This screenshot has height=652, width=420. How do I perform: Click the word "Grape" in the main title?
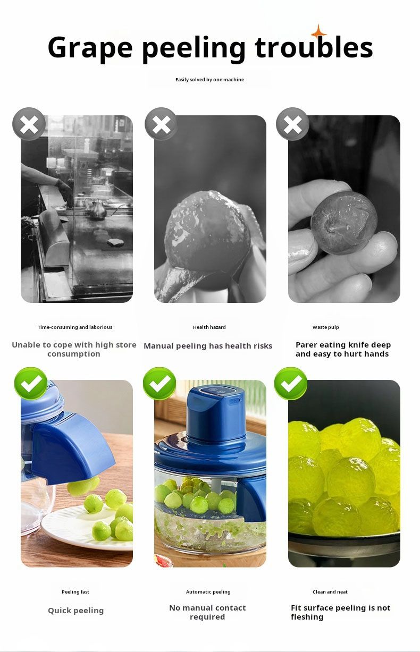click(x=90, y=48)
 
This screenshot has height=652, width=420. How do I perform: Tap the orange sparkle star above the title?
click(x=318, y=32)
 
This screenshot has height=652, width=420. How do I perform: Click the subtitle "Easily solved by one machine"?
click(x=209, y=80)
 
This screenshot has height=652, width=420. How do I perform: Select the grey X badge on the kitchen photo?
click(x=29, y=124)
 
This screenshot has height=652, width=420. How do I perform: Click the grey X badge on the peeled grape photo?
click(x=161, y=124)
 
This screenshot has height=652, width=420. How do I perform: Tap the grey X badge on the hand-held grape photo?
click(x=292, y=124)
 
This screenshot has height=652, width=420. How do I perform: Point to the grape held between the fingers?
click(x=344, y=222)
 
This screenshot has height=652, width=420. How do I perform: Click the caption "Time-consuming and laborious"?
click(x=75, y=327)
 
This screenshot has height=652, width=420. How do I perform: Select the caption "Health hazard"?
click(x=209, y=327)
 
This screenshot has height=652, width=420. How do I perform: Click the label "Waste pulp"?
click(x=325, y=327)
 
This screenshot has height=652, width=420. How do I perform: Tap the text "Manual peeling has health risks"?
click(x=208, y=346)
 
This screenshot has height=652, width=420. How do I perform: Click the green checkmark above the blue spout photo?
click(x=31, y=383)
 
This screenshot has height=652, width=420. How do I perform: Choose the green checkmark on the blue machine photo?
click(x=159, y=383)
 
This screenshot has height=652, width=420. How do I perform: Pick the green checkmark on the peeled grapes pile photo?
click(x=291, y=383)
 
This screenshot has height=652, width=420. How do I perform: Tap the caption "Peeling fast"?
click(x=75, y=592)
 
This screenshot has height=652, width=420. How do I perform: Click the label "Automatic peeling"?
click(x=208, y=592)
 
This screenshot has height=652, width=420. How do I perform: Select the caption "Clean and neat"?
click(x=330, y=592)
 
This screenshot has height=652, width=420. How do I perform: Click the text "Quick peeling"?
click(x=75, y=611)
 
